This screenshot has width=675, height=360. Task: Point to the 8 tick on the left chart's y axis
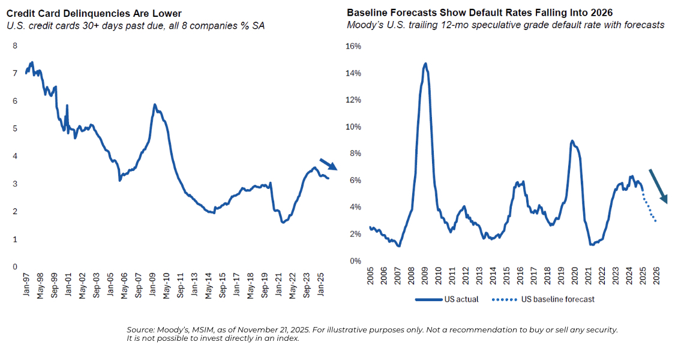[x=15, y=46]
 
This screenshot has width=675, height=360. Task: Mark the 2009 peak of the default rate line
[x=425, y=63]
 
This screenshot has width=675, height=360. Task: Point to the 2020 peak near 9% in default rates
[x=572, y=141]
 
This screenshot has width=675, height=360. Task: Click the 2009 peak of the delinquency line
[x=155, y=105]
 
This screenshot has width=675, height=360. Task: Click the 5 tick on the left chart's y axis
[x=15, y=128]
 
